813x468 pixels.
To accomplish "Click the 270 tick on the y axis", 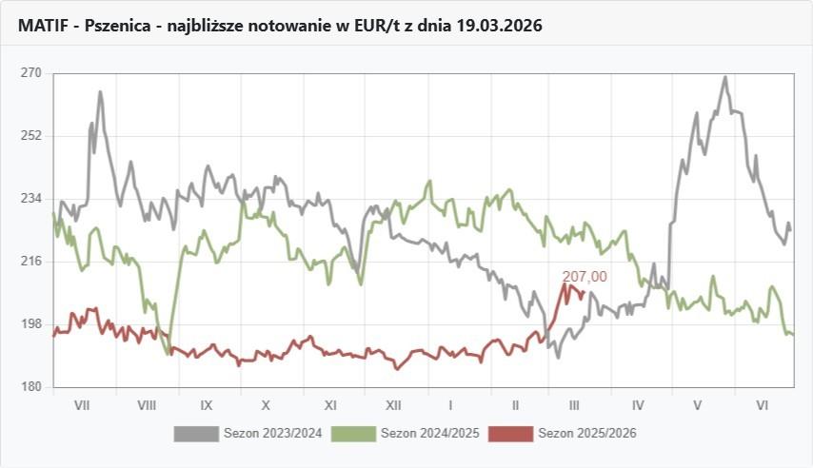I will point(31,73).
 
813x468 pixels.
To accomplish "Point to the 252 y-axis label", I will point(31,136).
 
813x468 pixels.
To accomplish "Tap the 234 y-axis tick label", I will point(31,199).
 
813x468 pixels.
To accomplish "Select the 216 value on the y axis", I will point(31,262).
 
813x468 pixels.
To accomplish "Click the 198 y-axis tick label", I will point(31,324).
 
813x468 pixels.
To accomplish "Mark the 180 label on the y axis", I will point(31,387).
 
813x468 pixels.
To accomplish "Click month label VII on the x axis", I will point(82,405).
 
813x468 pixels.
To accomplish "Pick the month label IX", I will point(207,405).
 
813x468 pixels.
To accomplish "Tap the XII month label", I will point(392,405).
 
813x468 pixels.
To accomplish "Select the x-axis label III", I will point(574,405).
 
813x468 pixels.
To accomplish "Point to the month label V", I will point(698,405).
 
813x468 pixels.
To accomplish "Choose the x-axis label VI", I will point(763,405).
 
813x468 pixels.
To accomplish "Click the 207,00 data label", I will point(585,277).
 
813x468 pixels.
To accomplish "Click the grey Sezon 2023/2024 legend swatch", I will point(196,434).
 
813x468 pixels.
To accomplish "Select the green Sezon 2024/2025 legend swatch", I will point(353,434).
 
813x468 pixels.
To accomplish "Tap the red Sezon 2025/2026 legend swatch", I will point(510,434).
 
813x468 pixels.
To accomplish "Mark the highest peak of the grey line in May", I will point(725,77).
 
